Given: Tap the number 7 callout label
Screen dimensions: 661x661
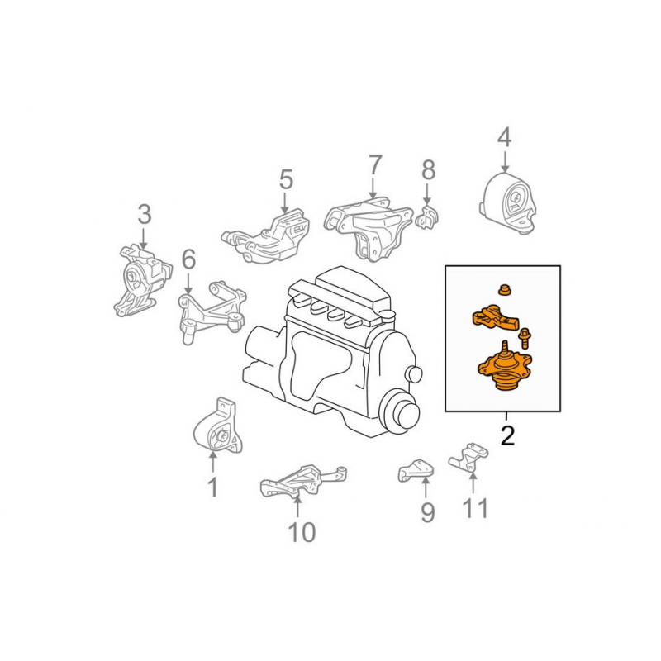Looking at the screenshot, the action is (375, 164).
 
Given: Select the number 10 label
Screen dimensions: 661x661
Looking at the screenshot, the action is (302, 532).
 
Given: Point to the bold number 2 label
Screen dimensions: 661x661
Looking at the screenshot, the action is (508, 435).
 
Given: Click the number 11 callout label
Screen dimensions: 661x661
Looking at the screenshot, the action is (475, 508).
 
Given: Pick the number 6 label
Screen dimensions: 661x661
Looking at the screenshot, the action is (188, 259).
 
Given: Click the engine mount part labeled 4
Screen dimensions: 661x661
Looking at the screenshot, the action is (508, 203).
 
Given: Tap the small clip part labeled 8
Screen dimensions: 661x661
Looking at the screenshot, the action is (426, 216).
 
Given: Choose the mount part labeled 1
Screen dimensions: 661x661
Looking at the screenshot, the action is (219, 426).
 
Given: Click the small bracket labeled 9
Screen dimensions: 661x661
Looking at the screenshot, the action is (416, 470).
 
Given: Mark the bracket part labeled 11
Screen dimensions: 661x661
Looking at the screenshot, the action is (468, 458).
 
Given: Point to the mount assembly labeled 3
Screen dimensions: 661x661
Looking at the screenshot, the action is (142, 280).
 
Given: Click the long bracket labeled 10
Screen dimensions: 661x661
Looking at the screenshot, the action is (302, 482).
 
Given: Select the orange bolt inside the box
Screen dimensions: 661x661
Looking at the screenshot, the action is (525, 338).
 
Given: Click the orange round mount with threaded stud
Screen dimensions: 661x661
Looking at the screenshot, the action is (505, 367).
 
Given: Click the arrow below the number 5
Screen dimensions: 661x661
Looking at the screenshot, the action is (285, 203).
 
